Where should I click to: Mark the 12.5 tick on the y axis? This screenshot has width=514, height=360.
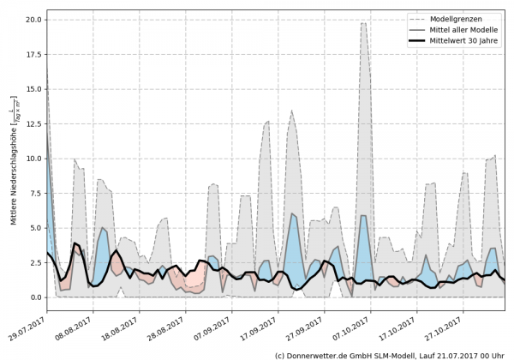[x=32, y=123]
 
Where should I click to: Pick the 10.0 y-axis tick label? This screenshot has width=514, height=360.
[x=32, y=159]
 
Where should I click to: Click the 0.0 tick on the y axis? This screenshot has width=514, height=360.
[x=34, y=297]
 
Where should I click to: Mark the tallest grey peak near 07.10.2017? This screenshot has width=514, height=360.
[x=363, y=23]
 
